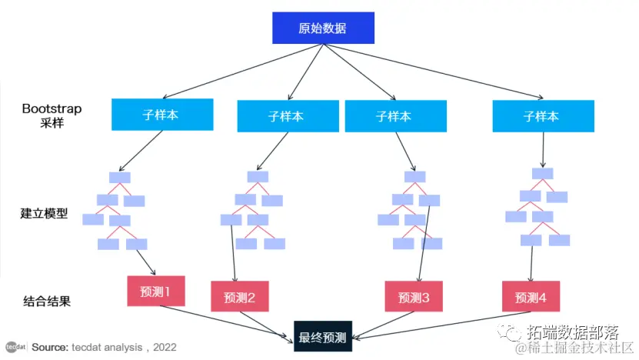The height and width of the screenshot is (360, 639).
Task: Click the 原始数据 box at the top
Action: click(322, 28)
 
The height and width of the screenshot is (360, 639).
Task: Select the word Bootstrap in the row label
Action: click(52, 108)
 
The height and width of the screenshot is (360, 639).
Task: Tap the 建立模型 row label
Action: click(44, 213)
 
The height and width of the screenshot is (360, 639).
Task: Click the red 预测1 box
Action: click(156, 292)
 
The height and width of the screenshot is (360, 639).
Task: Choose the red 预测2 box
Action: click(239, 296)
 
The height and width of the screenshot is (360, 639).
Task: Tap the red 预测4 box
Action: click(531, 296)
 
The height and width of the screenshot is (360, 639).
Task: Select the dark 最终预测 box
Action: click(322, 337)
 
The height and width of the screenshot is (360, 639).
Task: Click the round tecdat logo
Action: click(13, 347)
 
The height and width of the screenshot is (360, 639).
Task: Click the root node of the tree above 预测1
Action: click(120, 178)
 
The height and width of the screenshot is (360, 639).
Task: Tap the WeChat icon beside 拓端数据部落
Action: click(511, 332)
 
